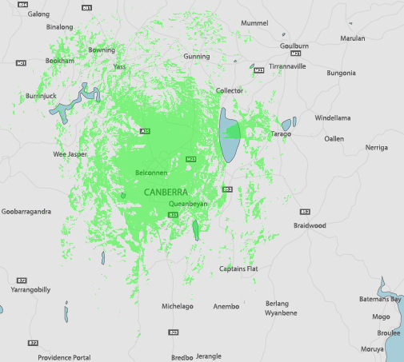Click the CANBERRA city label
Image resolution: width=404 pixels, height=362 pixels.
(x=166, y=193)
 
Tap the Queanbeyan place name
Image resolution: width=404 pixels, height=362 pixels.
(x=188, y=205)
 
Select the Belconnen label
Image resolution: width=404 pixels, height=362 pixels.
(x=150, y=173)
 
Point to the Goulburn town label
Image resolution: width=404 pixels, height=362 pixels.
(x=294, y=47)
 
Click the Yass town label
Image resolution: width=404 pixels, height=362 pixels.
(x=120, y=67)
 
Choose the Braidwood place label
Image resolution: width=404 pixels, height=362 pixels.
(x=310, y=225)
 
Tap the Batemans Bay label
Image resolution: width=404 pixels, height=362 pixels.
(x=383, y=299)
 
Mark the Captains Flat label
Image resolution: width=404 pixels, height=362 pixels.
(x=238, y=269)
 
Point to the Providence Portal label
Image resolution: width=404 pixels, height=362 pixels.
(x=64, y=357)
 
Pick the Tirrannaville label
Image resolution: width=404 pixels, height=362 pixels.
(x=287, y=66)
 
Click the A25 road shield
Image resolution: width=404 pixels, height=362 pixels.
(x=145, y=131)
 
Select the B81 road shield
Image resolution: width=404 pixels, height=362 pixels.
(x=87, y=6)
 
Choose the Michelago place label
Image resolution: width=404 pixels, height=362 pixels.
(x=178, y=306)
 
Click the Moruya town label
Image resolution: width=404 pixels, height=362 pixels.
(x=373, y=349)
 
